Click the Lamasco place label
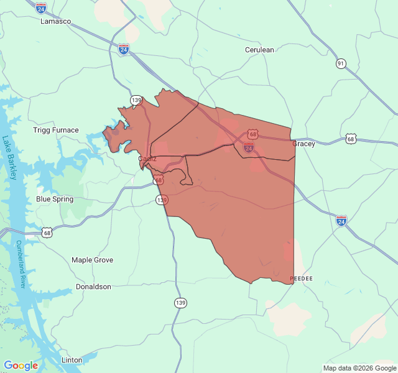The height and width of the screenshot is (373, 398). (56, 21)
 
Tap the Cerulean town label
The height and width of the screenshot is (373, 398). (259, 50)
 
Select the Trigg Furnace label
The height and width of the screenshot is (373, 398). (56, 130)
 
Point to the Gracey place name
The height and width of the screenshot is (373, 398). (303, 144)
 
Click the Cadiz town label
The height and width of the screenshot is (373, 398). (147, 159)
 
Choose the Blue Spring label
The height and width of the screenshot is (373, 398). (55, 199)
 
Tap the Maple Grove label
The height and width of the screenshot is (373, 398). (93, 260)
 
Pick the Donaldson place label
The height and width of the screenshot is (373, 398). (93, 287)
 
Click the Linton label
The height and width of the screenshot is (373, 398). (72, 360)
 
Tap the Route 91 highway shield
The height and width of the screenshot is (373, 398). (340, 63)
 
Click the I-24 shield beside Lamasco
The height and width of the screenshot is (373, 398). (41, 8)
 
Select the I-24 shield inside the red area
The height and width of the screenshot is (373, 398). (249, 147)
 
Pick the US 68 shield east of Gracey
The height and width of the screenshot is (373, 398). (352, 139)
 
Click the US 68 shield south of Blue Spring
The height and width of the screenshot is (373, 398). (47, 233)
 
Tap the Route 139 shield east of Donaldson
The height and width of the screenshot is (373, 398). (180, 303)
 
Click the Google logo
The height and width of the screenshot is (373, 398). (21, 366)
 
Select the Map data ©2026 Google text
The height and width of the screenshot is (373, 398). (359, 368)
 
